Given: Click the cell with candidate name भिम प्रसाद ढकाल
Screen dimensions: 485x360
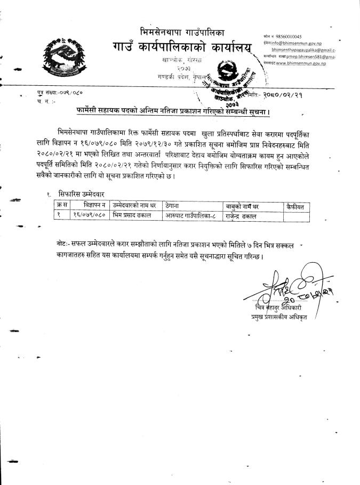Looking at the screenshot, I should (133, 215).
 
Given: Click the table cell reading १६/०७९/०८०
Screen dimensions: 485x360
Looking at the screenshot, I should (90, 215).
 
